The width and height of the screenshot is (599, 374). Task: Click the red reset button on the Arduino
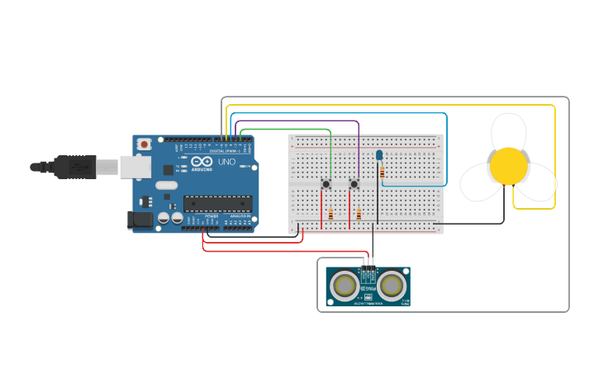pyautogui.click(x=145, y=144)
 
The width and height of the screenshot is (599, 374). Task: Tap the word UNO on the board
pyautogui.click(x=226, y=163)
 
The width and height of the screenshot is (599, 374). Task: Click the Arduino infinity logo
pyautogui.click(x=201, y=160)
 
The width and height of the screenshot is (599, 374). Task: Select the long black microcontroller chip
pyautogui.click(x=217, y=202)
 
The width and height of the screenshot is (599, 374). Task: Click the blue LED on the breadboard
pyautogui.click(x=379, y=154)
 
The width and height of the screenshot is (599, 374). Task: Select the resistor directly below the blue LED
pyautogui.click(x=382, y=172)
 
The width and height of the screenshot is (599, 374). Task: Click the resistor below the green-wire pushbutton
pyautogui.click(x=330, y=215)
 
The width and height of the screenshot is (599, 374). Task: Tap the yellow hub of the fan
pyautogui.click(x=508, y=166)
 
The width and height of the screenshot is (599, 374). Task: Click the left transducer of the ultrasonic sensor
pyautogui.click(x=345, y=285)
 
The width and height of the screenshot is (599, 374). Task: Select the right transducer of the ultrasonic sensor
pyautogui.click(x=392, y=285)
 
